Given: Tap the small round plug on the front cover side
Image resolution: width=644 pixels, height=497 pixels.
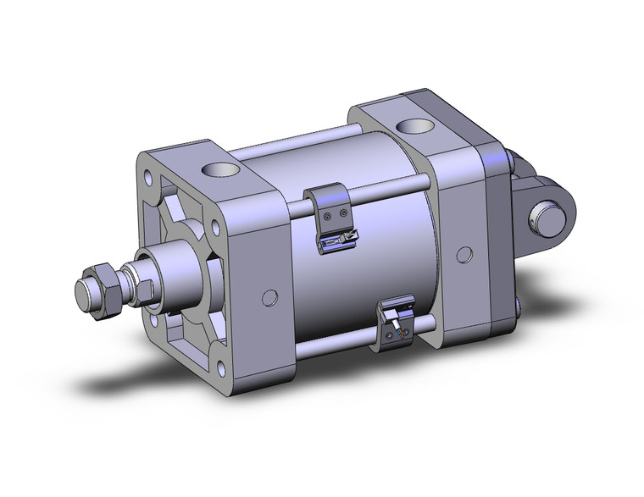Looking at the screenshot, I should tap(269, 297).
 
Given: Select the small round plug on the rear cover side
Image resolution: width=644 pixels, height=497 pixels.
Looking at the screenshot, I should tap(464, 254).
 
